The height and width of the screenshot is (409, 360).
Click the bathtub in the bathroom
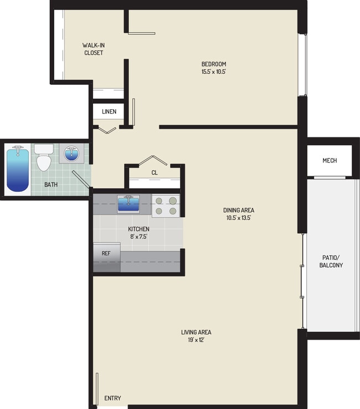click(18, 169)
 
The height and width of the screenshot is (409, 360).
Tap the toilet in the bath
click(44, 159)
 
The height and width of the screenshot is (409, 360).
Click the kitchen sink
click(128, 204)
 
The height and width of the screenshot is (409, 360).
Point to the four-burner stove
click(165, 206)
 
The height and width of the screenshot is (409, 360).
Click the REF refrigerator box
click(106, 253)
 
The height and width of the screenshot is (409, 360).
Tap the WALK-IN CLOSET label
click(93, 49)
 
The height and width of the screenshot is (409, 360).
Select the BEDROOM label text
click(214, 64)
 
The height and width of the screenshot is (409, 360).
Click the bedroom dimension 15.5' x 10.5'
click(214, 72)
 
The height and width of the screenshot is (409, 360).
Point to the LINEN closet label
click(109, 112)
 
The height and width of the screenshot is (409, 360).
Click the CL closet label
click(155, 172)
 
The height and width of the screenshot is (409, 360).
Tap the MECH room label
click(330, 161)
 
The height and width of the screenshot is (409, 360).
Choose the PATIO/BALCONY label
click(332, 261)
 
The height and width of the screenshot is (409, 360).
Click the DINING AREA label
click(239, 210)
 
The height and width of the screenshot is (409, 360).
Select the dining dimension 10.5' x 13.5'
click(239, 218)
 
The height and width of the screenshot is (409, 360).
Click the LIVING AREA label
click(196, 333)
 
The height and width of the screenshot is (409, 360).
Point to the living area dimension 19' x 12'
click(196, 340)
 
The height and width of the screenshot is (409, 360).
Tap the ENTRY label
click(112, 398)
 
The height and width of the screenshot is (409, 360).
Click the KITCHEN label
click(138, 229)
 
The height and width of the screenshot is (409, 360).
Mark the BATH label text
click(51, 185)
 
